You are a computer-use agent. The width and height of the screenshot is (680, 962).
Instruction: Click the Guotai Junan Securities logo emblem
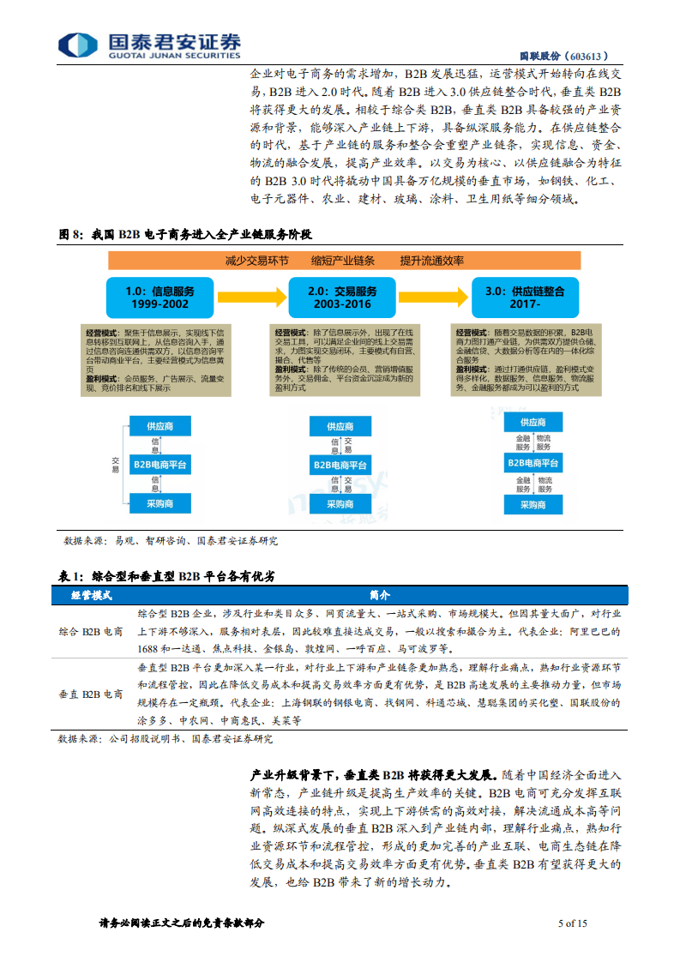click(x=77, y=45)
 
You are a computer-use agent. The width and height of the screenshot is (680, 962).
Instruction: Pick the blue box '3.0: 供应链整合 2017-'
click(x=524, y=298)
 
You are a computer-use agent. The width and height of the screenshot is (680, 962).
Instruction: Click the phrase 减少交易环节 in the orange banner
click(x=257, y=261)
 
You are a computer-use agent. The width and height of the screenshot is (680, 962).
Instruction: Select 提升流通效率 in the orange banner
click(x=431, y=261)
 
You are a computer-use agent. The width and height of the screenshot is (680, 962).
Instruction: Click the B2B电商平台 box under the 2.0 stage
click(x=342, y=465)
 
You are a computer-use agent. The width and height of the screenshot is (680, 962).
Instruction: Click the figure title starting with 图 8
click(x=184, y=234)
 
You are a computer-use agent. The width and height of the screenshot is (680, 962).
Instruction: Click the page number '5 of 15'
click(x=572, y=923)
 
